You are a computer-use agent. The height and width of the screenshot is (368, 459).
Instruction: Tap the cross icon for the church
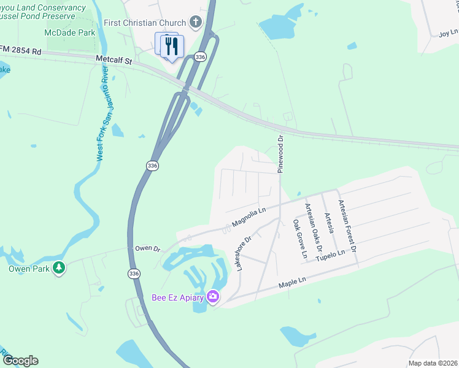[x=196, y=23]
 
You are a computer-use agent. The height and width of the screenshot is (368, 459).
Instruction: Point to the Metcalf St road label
[x=114, y=60]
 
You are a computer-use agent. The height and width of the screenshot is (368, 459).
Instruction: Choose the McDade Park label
[x=70, y=31]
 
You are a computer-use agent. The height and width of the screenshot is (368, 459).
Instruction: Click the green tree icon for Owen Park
[x=59, y=268]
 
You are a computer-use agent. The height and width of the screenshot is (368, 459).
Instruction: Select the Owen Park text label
[x=28, y=269]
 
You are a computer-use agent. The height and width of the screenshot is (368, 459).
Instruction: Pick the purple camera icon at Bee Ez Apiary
[x=213, y=297]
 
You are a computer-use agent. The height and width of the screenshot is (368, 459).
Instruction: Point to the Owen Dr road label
[x=147, y=249]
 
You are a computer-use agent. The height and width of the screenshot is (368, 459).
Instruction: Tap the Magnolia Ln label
[x=249, y=216]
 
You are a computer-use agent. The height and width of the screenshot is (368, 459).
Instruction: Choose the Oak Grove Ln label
[x=299, y=238]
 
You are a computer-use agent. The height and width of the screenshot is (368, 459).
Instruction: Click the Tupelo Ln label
[x=331, y=253]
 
